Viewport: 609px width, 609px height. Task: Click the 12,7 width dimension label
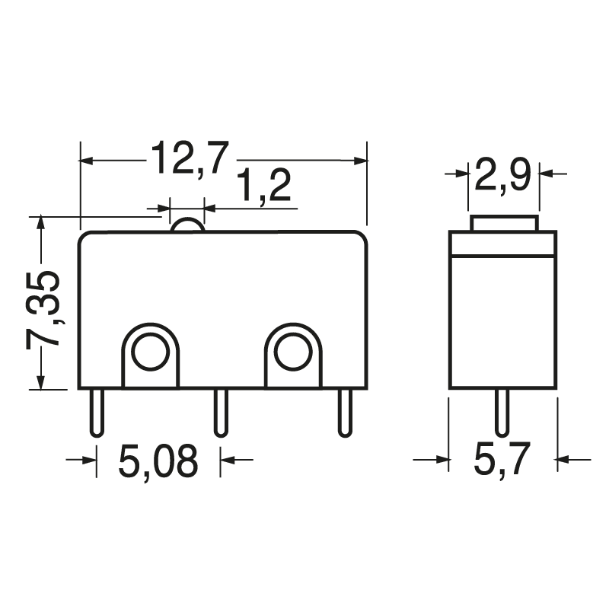pyautogui.click(x=189, y=158)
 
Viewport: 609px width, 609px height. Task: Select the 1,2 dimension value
pyautogui.click(x=263, y=187)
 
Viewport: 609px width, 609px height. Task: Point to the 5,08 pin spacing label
pyautogui.click(x=158, y=461)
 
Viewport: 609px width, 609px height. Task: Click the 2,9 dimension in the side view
pyautogui.click(x=502, y=177)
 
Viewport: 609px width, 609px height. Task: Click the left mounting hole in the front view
pyautogui.click(x=149, y=352)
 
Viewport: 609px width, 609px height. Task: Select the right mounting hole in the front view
pyautogui.click(x=293, y=352)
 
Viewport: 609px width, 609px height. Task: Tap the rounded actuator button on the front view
pyautogui.click(x=187, y=225)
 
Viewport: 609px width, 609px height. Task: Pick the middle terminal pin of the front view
pyautogui.click(x=220, y=412)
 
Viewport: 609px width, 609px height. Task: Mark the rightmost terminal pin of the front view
pyautogui.click(x=345, y=412)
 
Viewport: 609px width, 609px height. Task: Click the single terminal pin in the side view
pyautogui.click(x=501, y=412)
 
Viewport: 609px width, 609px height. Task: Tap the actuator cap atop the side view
pyautogui.click(x=504, y=224)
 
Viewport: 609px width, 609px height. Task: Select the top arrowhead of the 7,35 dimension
pyautogui.click(x=41, y=223)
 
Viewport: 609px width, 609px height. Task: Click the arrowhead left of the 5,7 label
pyautogui.click(x=442, y=459)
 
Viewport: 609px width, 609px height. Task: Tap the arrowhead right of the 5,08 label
pyautogui.click(x=228, y=459)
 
